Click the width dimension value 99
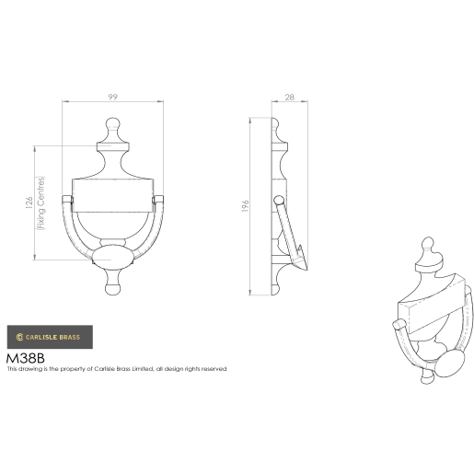pyautogui.click(x=111, y=96)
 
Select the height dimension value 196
pyautogui.click(x=246, y=207)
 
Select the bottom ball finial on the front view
pyautogui.click(x=112, y=288)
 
